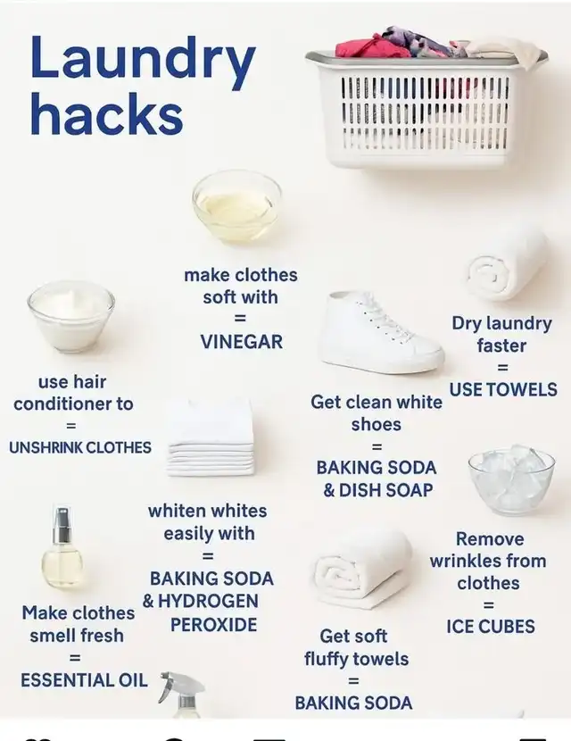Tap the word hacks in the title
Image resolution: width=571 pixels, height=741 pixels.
(106, 113)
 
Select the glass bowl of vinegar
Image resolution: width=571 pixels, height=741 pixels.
(237, 206)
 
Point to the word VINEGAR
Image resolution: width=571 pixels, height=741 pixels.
(242, 342)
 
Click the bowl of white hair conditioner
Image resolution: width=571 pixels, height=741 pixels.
(71, 316)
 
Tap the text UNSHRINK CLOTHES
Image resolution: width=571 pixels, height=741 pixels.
(80, 447)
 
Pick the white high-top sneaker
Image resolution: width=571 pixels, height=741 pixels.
(381, 332)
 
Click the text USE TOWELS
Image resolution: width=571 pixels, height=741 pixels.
(503, 389)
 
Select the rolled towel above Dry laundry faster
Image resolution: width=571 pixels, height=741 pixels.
(508, 268)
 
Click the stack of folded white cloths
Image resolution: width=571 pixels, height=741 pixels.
(211, 437)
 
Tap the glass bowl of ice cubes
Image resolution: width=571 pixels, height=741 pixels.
(511, 479)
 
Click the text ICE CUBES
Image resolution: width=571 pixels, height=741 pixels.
(490, 627)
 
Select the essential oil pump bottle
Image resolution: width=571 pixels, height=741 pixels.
(62, 547)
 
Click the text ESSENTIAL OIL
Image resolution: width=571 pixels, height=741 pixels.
(84, 680)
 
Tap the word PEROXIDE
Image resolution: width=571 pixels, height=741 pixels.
(213, 625)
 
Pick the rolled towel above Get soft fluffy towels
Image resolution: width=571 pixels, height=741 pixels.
(362, 568)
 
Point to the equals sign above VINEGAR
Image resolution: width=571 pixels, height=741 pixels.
(240, 319)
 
